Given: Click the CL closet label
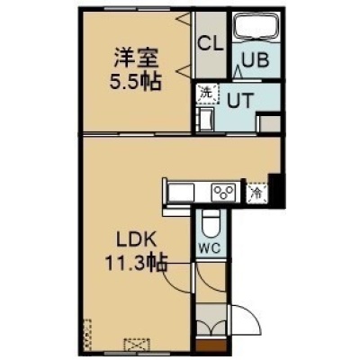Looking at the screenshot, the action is tap(211, 44).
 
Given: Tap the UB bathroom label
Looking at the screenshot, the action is tap(256, 60).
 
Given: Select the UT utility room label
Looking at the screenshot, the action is tap(240, 100).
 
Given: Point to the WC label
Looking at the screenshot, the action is tap(211, 248).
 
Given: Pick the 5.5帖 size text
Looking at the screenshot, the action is tap(136, 82).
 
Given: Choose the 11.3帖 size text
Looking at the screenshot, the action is tap(136, 263).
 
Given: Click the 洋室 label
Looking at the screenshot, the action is tap(136, 58).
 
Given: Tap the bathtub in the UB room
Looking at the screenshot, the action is tap(256, 26).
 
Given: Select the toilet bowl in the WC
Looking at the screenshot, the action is tap(211, 224).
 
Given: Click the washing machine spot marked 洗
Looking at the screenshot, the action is tap(207, 94).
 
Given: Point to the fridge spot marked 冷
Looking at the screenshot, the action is tap(257, 193).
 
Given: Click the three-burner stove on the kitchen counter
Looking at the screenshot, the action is tap(223, 193).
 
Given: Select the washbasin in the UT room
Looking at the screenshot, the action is tap(206, 120).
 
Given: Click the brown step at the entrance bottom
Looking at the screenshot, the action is tap(211, 345).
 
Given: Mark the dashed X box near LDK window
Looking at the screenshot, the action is tap(137, 345).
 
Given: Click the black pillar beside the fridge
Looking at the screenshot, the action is tap(276, 192).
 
